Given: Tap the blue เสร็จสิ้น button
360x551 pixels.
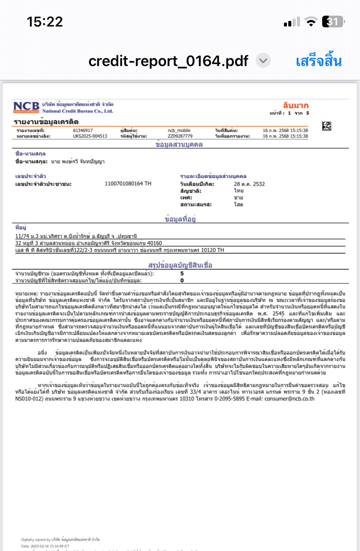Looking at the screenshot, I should pyautogui.click(x=319, y=61).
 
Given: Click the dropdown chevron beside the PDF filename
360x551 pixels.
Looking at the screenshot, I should pyautogui.click(x=263, y=61).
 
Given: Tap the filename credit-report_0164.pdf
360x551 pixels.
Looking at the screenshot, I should pyautogui.click(x=168, y=61).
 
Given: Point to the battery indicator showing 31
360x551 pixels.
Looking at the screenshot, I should pyautogui.click(x=333, y=22).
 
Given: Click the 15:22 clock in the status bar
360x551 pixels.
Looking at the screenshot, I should pyautogui.click(x=45, y=22).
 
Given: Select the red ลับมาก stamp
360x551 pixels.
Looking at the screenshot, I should pyautogui.click(x=296, y=106).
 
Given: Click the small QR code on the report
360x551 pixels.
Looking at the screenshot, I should pyautogui.click(x=327, y=126).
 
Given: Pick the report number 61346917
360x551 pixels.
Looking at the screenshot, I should pyautogui.click(x=83, y=130).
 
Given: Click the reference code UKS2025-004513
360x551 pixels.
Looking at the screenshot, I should pyautogui.click(x=90, y=136).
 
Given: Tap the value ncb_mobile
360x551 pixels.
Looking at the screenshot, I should pyautogui.click(x=179, y=130).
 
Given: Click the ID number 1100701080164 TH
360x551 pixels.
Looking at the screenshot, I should pyautogui.click(x=128, y=184).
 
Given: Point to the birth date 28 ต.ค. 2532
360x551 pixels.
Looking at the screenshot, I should pyautogui.click(x=249, y=184).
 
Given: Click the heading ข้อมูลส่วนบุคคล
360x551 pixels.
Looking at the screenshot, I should pyautogui.click(x=179, y=145).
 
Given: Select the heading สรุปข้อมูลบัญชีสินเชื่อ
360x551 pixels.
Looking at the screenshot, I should pyautogui.click(x=180, y=265).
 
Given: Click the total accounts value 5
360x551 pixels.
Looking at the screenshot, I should pyautogui.click(x=182, y=274).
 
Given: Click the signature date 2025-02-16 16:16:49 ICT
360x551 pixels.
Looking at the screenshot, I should pyautogui.click(x=51, y=545).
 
